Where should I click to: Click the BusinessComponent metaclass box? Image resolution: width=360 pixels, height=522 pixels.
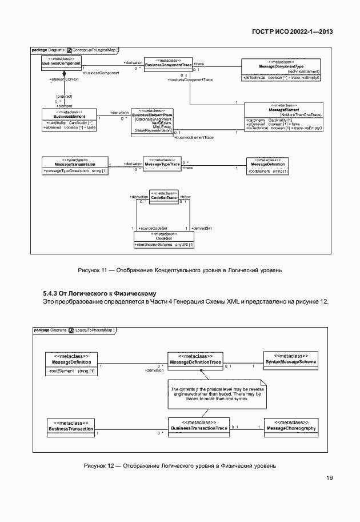[62, 62]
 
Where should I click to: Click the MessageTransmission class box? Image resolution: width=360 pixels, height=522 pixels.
[75, 165]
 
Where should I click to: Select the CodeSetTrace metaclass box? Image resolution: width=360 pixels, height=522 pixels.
[163, 196]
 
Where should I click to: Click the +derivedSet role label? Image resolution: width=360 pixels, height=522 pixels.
[202, 228]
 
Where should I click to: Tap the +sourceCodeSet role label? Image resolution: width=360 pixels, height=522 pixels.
[153, 228]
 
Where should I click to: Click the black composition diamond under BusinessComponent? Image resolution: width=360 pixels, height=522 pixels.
[65, 74]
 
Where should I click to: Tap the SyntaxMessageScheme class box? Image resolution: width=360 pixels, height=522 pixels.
[291, 360]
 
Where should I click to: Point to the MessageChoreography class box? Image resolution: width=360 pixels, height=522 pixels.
[291, 426]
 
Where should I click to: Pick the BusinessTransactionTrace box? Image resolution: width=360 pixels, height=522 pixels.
[199, 426]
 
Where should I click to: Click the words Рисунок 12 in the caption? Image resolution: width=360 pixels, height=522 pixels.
[99, 465]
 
